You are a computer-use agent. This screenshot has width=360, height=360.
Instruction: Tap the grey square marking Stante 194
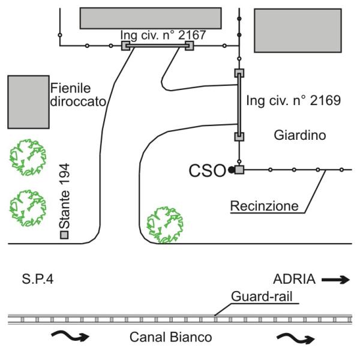tap(64, 235)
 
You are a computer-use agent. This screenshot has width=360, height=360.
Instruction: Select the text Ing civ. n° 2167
tap(163, 35)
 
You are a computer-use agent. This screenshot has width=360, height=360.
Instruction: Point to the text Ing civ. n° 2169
tap(293, 101)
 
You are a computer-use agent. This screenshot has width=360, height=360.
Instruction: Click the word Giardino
tap(299, 136)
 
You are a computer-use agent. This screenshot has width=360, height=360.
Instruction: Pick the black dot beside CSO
tap(230, 170)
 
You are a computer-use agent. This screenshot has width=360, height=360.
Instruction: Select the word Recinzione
tap(265, 206)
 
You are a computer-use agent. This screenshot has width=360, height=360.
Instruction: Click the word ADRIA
tap(294, 279)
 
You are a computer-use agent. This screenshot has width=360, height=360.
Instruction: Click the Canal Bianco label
tap(170, 338)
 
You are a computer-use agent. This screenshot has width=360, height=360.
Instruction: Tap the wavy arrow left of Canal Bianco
tap(71, 335)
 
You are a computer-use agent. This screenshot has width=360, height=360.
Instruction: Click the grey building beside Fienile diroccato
tap(28, 102)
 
